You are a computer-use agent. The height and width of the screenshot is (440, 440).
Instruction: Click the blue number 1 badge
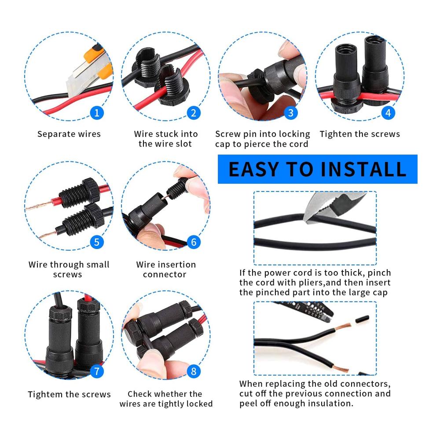pos(97,113)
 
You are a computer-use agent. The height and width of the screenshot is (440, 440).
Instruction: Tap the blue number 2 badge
pos(194,113)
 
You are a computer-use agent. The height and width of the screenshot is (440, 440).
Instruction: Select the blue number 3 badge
pos(291,113)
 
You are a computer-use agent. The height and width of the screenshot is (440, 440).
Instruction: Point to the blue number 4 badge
pos(388,113)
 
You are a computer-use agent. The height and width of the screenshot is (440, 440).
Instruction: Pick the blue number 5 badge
pos(97,242)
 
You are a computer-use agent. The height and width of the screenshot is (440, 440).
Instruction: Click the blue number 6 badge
pos(194,242)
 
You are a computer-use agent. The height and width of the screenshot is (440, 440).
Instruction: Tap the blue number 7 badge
pos(97,371)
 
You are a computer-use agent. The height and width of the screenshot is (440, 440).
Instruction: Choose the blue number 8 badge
pos(194,371)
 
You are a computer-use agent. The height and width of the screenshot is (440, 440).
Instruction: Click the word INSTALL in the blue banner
pos(363,169)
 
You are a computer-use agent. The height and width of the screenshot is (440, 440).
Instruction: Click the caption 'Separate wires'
pos(69,134)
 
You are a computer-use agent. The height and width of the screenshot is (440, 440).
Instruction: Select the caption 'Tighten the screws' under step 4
pos(360,134)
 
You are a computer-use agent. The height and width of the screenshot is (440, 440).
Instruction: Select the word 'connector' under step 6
pos(165,275)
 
